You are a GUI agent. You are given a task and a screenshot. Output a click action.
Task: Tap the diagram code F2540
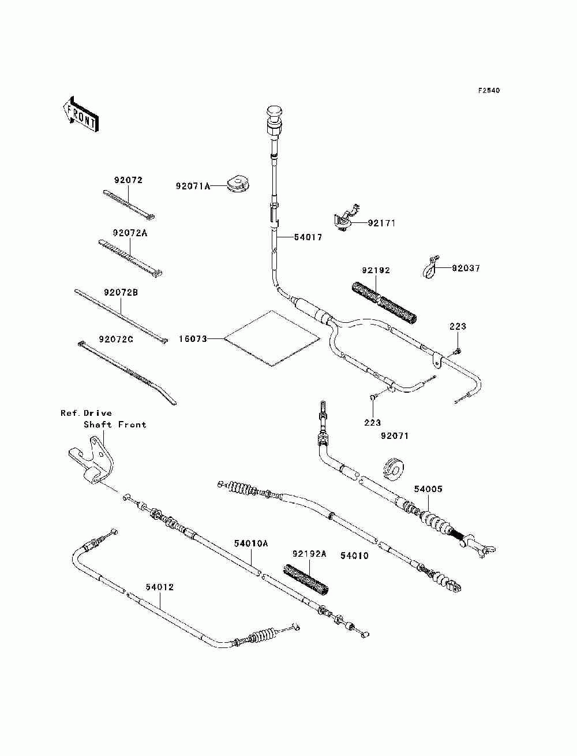pos(488,91)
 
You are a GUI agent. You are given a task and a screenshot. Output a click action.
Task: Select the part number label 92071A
pos(193,187)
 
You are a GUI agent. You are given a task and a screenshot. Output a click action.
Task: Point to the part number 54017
pos(308,237)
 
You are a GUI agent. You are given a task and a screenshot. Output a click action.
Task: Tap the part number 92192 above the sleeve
pos(376,270)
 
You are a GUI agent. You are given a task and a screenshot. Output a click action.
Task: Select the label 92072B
pos(121,292)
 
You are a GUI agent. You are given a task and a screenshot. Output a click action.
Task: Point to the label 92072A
pos(130,233)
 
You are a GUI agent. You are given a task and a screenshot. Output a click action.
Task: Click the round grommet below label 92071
pos(393,468)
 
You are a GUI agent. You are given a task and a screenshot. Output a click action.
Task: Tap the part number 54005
pos(428,489)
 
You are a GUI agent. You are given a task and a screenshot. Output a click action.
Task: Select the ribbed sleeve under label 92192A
pos(306,580)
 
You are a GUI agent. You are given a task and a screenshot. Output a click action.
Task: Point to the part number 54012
pos(159,587)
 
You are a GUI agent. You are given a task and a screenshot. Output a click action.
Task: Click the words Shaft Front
pos(115,424)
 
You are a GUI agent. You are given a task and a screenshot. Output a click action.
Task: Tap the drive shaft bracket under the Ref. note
pos(92,460)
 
